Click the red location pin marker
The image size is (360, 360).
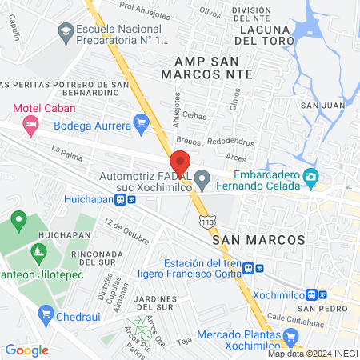coord(179,160)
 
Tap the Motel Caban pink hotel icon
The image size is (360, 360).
coord(30,123)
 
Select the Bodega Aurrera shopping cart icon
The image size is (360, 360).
coord(142,123)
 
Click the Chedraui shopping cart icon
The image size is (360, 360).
coord(46,312)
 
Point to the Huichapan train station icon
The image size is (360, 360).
coord(142,200)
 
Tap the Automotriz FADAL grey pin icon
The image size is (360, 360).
coord(203,177)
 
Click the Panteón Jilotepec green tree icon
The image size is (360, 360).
coord(38,253)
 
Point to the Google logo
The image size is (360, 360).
coord(26,350)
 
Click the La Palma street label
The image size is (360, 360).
coord(66,151)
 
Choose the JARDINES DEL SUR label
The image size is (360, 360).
coord(154,303)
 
